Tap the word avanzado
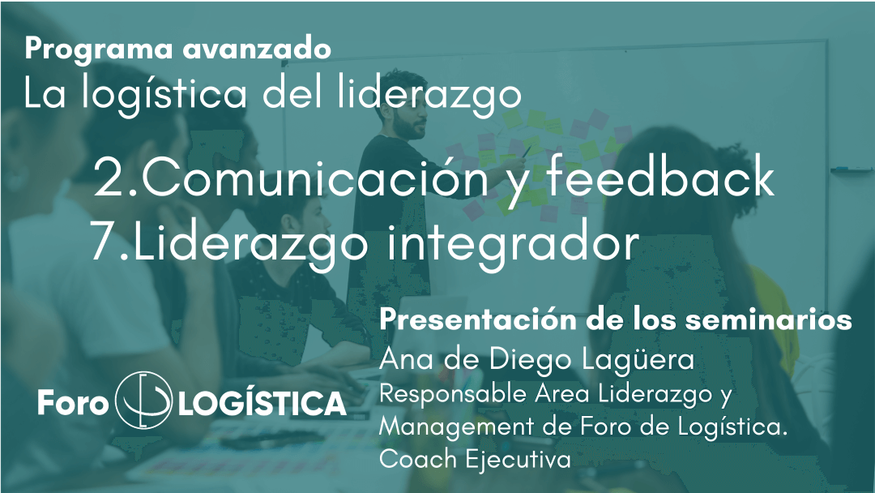tap(257, 49)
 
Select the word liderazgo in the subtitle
tap(429, 95)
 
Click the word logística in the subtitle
tap(164, 95)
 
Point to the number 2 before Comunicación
tap(110, 177)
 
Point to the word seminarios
tap(768, 320)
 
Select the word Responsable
tap(453, 394)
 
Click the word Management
tap(456, 427)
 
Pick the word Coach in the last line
tap(418, 460)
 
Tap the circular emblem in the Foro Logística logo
tap(143, 400)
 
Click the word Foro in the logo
tap(73, 402)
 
